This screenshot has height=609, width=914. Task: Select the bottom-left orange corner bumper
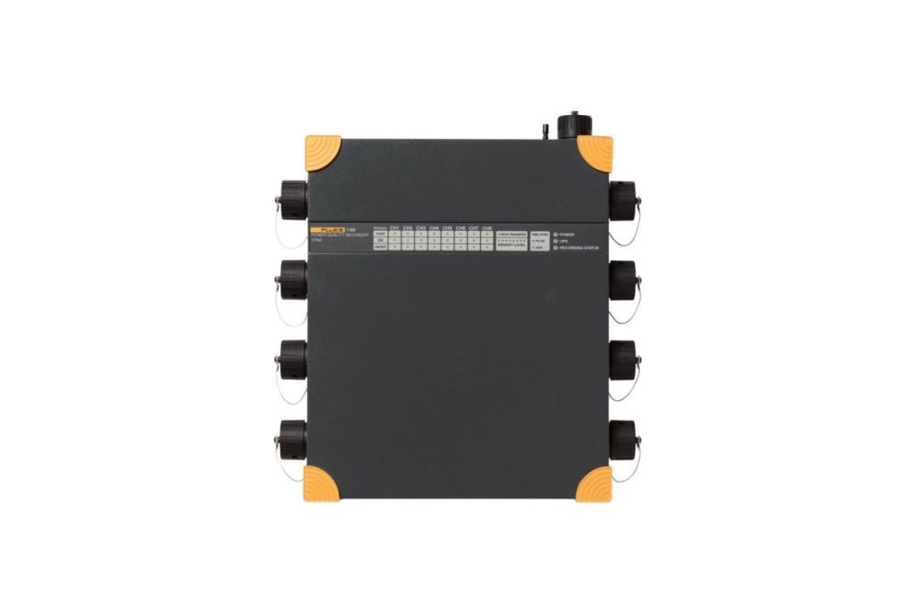pos(320,484)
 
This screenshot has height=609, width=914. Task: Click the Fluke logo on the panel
pos(328,229)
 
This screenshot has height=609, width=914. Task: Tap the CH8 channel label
pos(486,227)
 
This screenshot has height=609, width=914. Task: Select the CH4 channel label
pos(434,227)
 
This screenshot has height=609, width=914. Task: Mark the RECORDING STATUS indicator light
pos(555,248)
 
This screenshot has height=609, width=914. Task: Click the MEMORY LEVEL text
pos(511,244)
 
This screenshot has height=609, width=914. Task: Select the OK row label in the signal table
pos(380,239)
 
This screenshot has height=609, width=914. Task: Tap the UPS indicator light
pos(555,240)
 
